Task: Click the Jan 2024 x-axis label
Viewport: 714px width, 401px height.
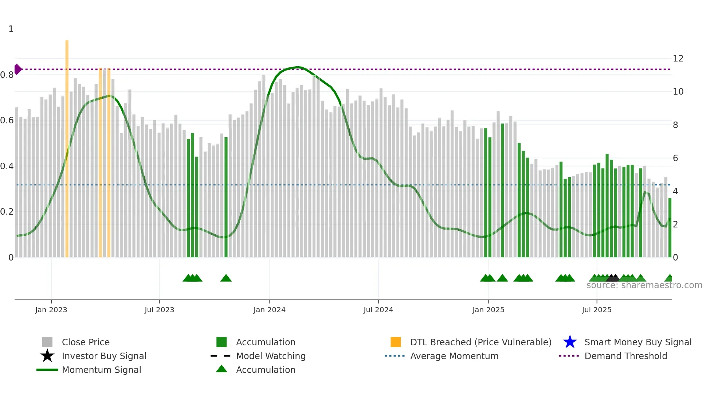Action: click(x=269, y=310)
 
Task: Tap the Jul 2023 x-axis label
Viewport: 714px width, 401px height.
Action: click(x=159, y=310)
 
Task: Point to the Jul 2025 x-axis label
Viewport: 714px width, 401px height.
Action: click(x=596, y=310)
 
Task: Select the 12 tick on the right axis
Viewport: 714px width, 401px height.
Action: click(x=678, y=59)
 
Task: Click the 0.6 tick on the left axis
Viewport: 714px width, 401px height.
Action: click(x=7, y=120)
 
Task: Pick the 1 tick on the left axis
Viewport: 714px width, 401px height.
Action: click(x=11, y=29)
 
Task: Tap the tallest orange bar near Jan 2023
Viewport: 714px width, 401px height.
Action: click(x=67, y=146)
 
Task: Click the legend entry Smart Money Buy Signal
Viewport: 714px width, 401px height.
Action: click(x=637, y=342)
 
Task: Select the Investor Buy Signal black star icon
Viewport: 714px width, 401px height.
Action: click(x=47, y=356)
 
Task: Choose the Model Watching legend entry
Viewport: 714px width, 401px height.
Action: click(x=270, y=356)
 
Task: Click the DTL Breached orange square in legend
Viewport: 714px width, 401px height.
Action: click(x=396, y=342)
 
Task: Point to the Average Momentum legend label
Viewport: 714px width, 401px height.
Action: click(x=454, y=356)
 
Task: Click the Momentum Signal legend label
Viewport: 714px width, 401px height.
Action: click(x=101, y=370)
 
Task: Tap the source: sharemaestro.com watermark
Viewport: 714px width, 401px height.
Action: click(x=644, y=285)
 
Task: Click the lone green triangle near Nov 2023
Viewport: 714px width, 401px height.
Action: click(x=226, y=278)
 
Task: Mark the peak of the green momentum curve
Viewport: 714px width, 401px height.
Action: click(x=298, y=67)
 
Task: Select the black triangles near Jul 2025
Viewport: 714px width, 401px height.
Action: click(x=613, y=278)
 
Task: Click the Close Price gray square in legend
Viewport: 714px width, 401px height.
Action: click(x=47, y=342)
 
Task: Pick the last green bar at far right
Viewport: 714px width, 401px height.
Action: click(x=670, y=227)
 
